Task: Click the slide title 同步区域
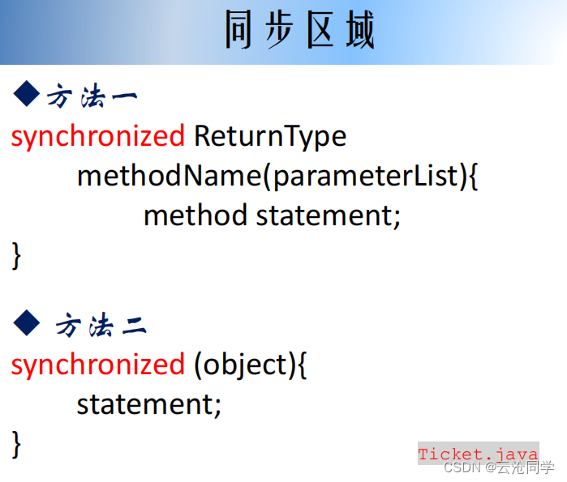coord(300,32)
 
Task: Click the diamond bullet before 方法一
coord(26,95)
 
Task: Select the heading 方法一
coord(92,96)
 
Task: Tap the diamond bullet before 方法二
coord(26,323)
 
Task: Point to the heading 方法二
coord(101,326)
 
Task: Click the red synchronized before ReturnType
coord(97,136)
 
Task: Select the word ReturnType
coord(270,136)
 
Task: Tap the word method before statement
coord(195,215)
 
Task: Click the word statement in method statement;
coord(328,215)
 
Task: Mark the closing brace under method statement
coord(16,254)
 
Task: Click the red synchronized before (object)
coord(97,365)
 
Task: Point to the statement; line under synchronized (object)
coord(148,403)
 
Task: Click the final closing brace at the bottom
coord(16,442)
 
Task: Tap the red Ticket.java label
coord(478,454)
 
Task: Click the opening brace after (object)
coord(302,365)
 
